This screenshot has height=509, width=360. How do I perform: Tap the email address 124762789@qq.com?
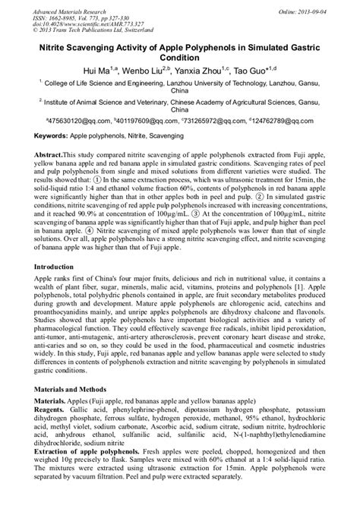[299, 120]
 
